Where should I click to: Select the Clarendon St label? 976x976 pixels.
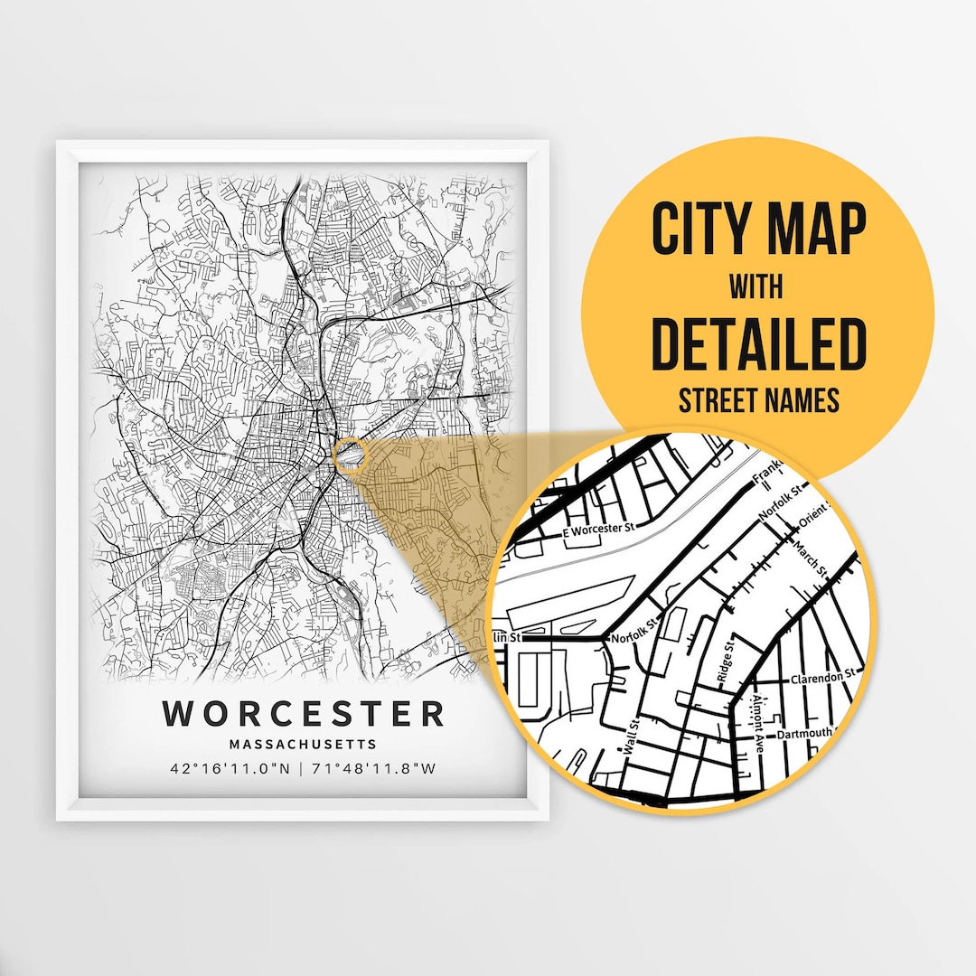tap(822, 677)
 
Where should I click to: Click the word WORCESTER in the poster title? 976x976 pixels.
tap(304, 713)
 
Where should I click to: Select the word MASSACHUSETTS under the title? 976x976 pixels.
tap(303, 745)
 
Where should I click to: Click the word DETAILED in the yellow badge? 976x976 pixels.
tap(758, 344)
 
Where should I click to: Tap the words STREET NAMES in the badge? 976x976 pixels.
tap(758, 400)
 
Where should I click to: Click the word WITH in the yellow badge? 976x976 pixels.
tap(757, 287)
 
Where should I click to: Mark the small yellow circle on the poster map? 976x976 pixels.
tap(350, 455)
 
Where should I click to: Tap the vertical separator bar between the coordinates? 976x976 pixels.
tap(302, 769)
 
